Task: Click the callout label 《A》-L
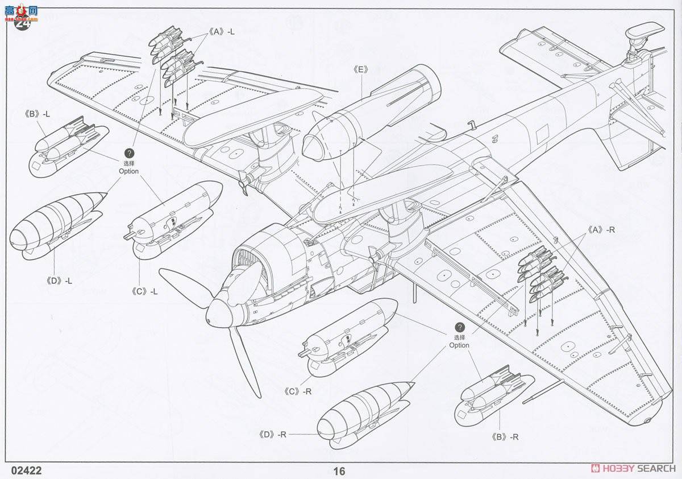click(x=222, y=32)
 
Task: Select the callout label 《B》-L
click(x=38, y=113)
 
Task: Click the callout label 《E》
click(x=360, y=69)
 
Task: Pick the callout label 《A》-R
click(x=602, y=230)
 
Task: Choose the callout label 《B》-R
click(x=505, y=437)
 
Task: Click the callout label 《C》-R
click(x=298, y=391)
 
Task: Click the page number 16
click(x=339, y=471)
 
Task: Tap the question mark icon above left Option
click(x=129, y=154)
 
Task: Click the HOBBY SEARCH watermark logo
click(x=634, y=468)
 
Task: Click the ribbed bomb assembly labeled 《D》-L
click(x=56, y=227)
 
